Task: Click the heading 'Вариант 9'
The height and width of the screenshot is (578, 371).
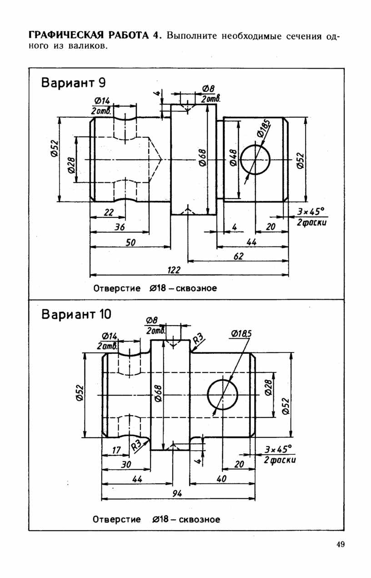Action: (73, 83)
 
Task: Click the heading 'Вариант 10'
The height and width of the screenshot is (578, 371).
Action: (76, 314)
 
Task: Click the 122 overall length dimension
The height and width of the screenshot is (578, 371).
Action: (174, 270)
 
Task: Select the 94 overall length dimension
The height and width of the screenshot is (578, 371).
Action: (177, 493)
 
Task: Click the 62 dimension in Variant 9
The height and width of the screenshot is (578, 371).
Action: (238, 256)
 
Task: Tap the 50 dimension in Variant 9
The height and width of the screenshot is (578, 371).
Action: (130, 242)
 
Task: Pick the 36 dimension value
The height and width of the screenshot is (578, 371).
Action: (120, 227)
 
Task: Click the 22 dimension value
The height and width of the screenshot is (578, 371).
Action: (109, 212)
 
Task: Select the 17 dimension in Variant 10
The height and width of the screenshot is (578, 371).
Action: (116, 450)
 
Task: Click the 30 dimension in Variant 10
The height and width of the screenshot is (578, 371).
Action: (126, 464)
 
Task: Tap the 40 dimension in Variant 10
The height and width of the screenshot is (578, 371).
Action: (221, 479)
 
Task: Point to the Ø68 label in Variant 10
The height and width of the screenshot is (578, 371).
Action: (158, 393)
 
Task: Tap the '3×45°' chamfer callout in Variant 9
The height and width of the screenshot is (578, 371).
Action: (311, 211)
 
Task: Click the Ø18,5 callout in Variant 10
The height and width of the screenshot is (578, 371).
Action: (241, 334)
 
